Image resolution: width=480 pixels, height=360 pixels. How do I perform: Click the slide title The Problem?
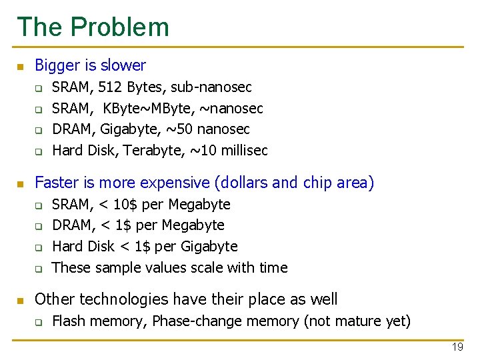(x=93, y=27)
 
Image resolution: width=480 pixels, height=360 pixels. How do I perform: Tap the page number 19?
(x=457, y=347)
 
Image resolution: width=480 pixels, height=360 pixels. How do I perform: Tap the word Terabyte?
(x=148, y=151)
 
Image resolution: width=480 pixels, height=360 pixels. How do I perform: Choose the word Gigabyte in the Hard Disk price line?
(x=205, y=247)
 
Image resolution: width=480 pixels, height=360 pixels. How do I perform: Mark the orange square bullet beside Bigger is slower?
(x=20, y=67)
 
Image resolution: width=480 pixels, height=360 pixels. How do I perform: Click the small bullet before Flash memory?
(x=39, y=323)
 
